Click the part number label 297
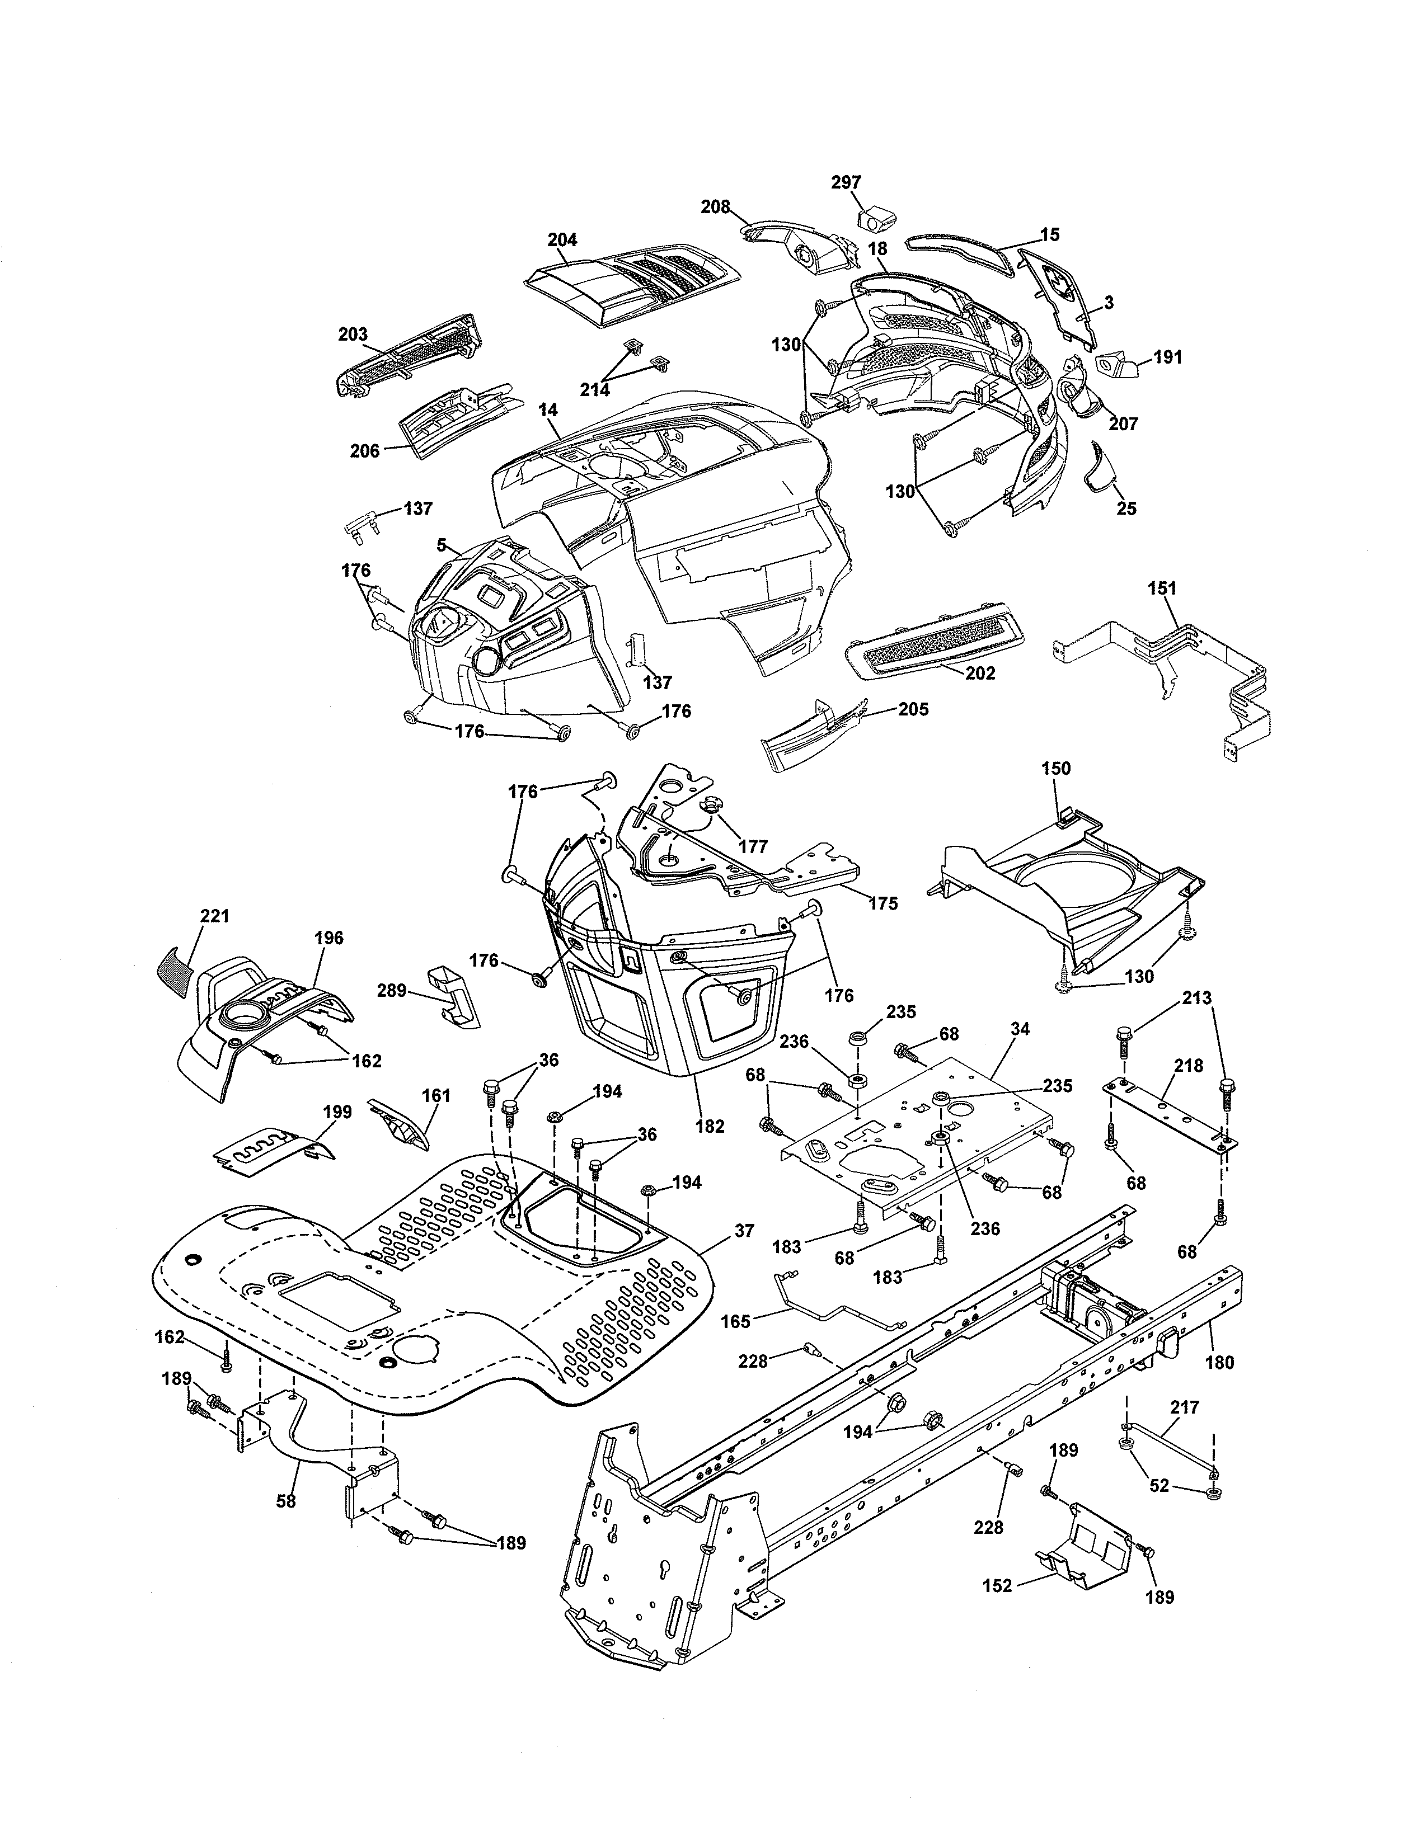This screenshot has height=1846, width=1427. click(x=846, y=182)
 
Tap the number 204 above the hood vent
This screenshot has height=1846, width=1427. click(x=562, y=240)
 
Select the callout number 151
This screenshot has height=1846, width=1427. click(x=1162, y=588)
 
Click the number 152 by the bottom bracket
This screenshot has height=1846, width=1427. click(x=998, y=1586)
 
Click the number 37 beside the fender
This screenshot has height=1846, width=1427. click(x=743, y=1232)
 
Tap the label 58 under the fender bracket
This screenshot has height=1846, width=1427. click(x=286, y=1501)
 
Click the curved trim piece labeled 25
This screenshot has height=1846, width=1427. click(x=1099, y=466)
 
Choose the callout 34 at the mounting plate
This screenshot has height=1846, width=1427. click(x=1020, y=1029)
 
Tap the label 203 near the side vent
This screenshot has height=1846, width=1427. click(x=353, y=334)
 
